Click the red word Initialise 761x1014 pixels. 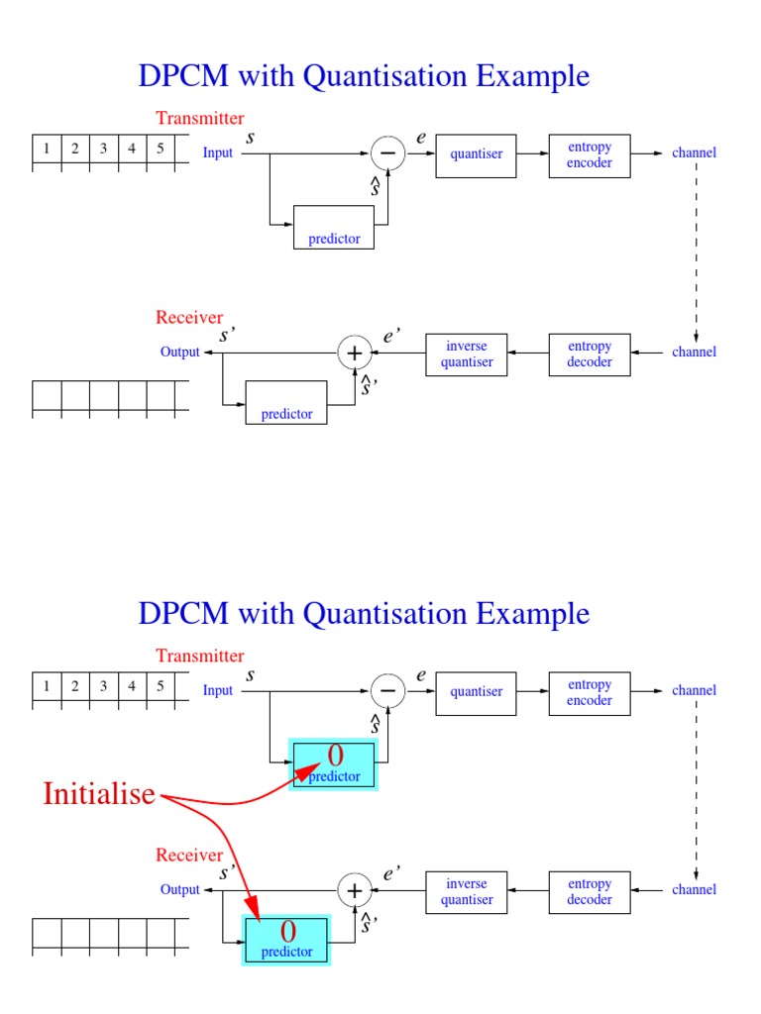click(x=99, y=793)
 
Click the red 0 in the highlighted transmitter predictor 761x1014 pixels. click(x=335, y=757)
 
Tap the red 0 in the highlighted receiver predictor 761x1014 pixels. click(x=287, y=932)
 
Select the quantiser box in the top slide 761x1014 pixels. click(x=476, y=154)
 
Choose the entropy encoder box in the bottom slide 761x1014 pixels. click(x=590, y=692)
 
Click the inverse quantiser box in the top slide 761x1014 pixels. click(x=467, y=355)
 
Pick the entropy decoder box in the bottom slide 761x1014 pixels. click(x=590, y=892)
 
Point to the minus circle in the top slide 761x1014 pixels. click(x=387, y=152)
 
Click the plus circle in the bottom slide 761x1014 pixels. click(x=354, y=890)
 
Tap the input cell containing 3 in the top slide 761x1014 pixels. click(x=103, y=150)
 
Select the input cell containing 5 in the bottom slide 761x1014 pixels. click(x=160, y=686)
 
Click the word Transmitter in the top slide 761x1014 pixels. click(x=199, y=119)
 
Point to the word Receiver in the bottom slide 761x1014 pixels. click(x=189, y=855)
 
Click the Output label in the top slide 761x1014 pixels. click(x=180, y=352)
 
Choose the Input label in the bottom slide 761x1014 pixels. click(x=218, y=690)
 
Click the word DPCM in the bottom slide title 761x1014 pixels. click(x=182, y=614)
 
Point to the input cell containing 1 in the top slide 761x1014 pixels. click(x=47, y=150)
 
